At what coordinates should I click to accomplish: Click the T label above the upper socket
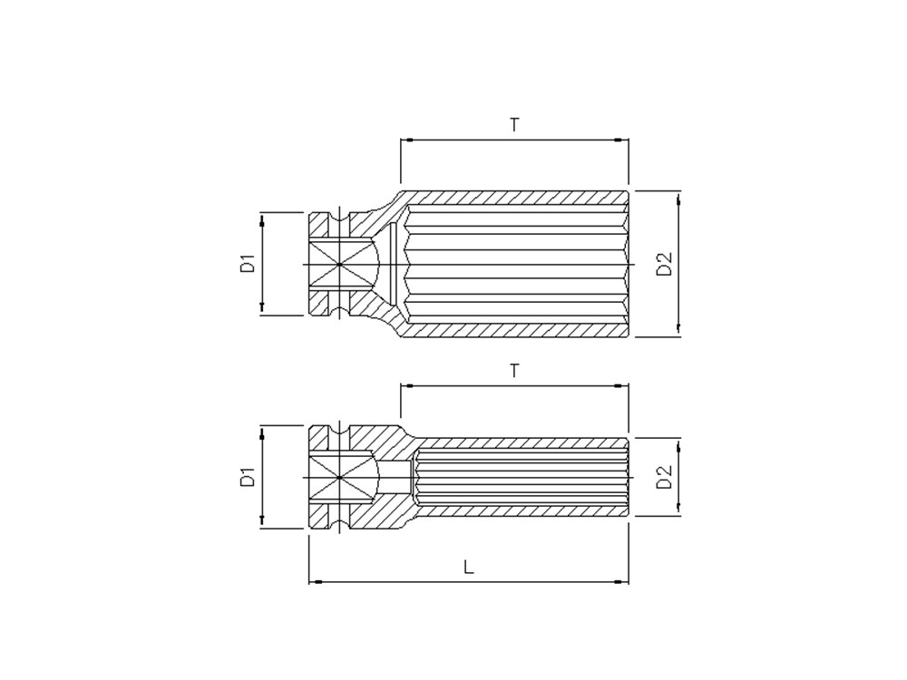[x=514, y=124]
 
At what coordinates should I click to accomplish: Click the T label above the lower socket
[x=514, y=370]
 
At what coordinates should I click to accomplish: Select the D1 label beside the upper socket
[x=249, y=263]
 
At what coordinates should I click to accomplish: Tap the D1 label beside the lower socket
[x=249, y=477]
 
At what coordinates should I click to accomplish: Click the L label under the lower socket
[x=469, y=567]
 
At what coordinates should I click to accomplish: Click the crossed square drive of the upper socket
[x=339, y=264]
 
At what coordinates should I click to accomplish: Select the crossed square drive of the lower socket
[x=339, y=478]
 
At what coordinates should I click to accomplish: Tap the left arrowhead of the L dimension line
[x=315, y=580]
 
